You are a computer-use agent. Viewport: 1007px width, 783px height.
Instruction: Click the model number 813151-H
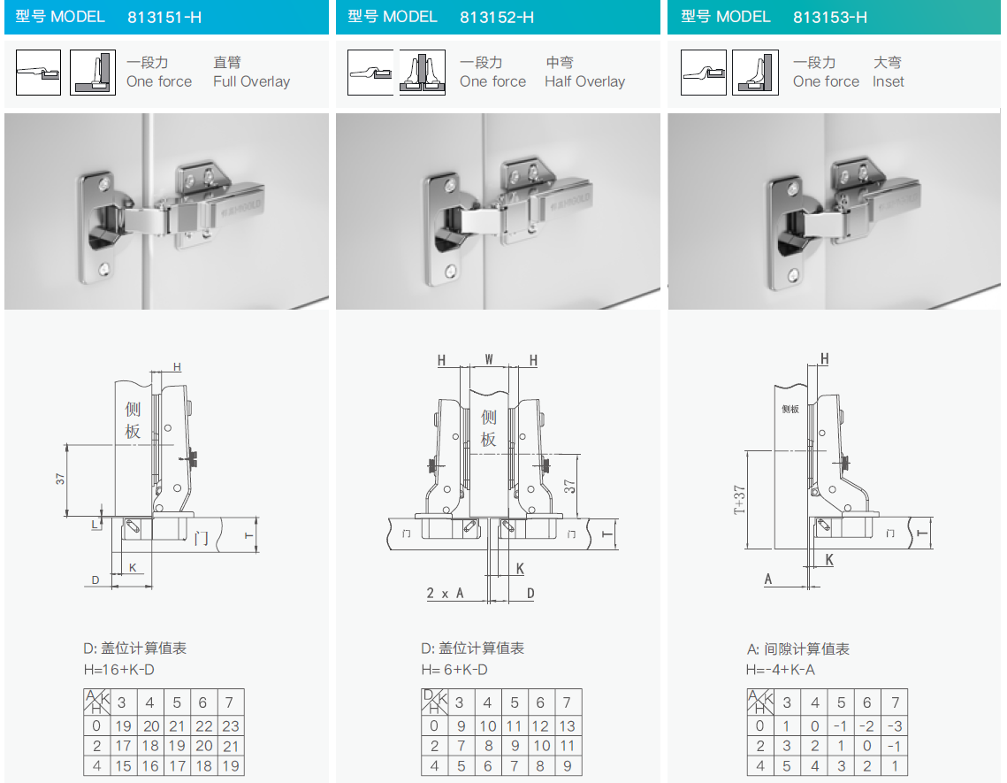click(164, 18)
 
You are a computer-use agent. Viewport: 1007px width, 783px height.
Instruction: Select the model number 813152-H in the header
click(497, 18)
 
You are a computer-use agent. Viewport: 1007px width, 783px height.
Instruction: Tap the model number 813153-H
click(830, 18)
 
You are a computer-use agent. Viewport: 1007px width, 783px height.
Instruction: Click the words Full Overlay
click(251, 81)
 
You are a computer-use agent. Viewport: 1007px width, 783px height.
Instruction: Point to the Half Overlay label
click(584, 81)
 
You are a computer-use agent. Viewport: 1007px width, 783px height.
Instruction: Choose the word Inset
click(889, 81)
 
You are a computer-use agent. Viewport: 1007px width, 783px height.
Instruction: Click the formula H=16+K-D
click(118, 670)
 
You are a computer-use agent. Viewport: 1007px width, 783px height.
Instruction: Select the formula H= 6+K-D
click(454, 670)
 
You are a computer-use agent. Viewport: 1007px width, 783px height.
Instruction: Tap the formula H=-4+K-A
click(781, 670)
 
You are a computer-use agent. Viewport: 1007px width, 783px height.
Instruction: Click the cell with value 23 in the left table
click(231, 725)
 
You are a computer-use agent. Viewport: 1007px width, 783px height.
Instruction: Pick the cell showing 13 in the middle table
click(567, 725)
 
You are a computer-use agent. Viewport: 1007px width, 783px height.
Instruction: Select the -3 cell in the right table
click(895, 725)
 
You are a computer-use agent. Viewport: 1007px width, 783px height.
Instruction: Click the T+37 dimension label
click(739, 500)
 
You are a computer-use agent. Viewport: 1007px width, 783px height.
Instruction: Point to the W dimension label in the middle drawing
click(489, 359)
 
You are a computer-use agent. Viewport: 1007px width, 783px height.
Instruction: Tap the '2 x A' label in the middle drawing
click(445, 593)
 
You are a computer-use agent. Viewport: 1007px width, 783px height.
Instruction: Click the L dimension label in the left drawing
click(95, 524)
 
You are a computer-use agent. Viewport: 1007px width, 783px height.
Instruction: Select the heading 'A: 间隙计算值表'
click(798, 649)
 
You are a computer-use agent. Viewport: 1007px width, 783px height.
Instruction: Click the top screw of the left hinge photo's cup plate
click(103, 185)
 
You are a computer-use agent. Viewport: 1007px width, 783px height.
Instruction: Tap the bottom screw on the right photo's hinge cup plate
click(793, 276)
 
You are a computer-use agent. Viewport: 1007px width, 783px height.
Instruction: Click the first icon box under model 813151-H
click(39, 73)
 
